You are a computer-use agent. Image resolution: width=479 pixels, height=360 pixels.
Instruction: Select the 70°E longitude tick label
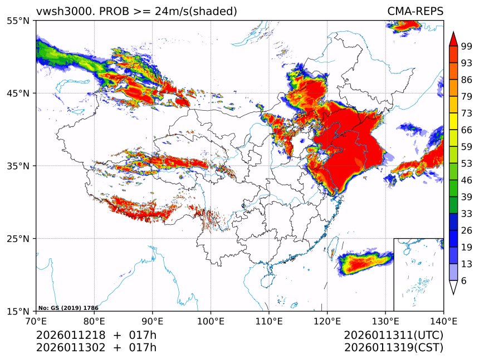pyautogui.click(x=36, y=321)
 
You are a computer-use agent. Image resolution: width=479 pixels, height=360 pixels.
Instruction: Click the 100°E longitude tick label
pyautogui.click(x=211, y=321)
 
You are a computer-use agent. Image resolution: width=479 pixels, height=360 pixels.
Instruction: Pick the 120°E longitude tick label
pyautogui.click(x=327, y=321)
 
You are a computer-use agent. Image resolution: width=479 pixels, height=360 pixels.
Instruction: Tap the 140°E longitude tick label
pyautogui.click(x=443, y=321)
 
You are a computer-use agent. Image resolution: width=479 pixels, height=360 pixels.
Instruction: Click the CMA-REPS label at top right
pyautogui.click(x=415, y=12)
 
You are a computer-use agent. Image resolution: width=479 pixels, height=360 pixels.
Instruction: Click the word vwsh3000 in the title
pyautogui.click(x=60, y=12)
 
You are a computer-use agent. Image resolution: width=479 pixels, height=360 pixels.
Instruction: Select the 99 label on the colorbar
pyautogui.click(x=467, y=47)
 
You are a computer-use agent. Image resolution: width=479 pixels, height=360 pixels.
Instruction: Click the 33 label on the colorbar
pyautogui.click(x=467, y=214)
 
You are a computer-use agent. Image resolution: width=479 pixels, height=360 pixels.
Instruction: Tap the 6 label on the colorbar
pyautogui.click(x=464, y=281)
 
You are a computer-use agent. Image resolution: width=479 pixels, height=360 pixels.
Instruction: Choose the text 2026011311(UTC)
pyautogui.click(x=393, y=336)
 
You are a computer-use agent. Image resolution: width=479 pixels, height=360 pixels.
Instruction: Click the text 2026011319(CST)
pyautogui.click(x=393, y=348)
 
